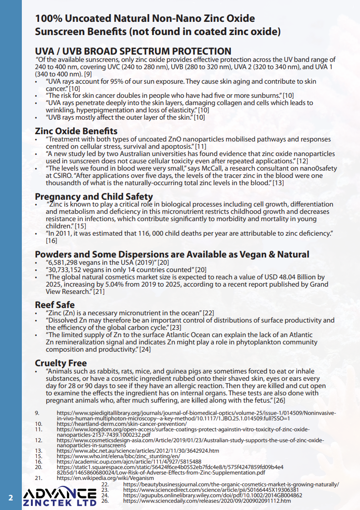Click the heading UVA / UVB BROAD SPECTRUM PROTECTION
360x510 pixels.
click(133, 51)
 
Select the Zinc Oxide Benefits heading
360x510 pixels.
click(76, 131)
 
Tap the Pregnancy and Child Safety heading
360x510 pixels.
click(94, 197)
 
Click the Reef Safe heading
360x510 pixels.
click(55, 304)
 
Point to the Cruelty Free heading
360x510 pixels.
click(61, 363)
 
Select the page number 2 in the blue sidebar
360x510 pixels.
click(10, 498)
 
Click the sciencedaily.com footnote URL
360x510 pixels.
click(207, 500)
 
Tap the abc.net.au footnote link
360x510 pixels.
click(137, 450)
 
